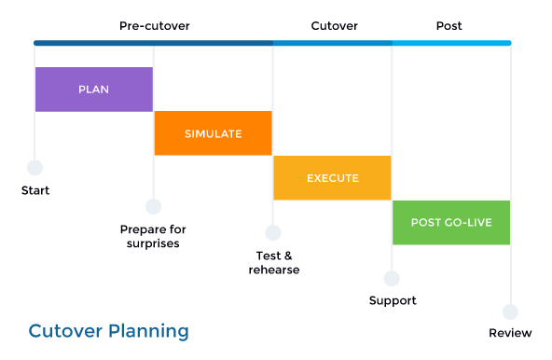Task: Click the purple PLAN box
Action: coord(93,90)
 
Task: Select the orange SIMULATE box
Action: coord(213,133)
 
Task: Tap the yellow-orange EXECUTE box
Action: coord(332,178)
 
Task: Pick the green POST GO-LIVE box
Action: coord(451,223)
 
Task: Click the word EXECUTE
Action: coord(332,178)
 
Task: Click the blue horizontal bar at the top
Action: coord(272,43)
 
